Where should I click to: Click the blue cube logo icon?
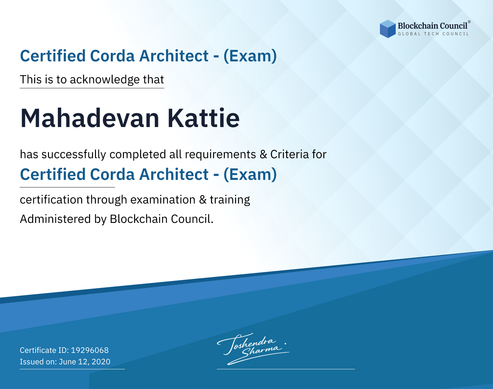pyautogui.click(x=387, y=29)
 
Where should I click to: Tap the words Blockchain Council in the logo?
pyautogui.click(x=433, y=26)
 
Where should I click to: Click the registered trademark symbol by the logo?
pyautogui.click(x=469, y=22)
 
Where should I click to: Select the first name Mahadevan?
pyautogui.click(x=90, y=118)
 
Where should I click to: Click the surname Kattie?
pyautogui.click(x=204, y=118)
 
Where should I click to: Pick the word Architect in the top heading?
pyautogui.click(x=174, y=56)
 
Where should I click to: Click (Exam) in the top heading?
pyautogui.click(x=250, y=56)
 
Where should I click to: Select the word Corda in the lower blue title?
pyautogui.click(x=112, y=174)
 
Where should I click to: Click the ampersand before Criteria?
pyautogui.click(x=263, y=155)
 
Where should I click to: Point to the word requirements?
pyautogui.click(x=221, y=155)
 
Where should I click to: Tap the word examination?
pyautogui.click(x=163, y=200)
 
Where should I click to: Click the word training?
pyautogui.click(x=230, y=200)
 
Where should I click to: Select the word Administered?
pyautogui.click(x=55, y=219)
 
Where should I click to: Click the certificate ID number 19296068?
pyautogui.click(x=90, y=350)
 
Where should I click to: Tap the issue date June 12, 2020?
pyautogui.click(x=84, y=361)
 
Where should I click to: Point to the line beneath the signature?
pyautogui.click(x=286, y=369)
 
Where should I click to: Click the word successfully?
pyautogui.click(x=74, y=155)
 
